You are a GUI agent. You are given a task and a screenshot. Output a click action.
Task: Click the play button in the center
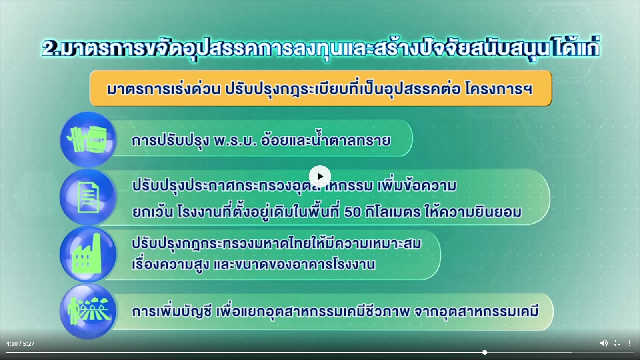pos(320,176)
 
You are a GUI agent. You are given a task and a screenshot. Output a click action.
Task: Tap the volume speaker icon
pos(604,343)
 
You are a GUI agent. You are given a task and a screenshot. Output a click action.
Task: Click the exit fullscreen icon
pos(616,343)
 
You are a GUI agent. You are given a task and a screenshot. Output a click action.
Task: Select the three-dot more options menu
pos(630,343)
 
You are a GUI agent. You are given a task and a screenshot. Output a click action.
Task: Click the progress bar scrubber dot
pos(484,352)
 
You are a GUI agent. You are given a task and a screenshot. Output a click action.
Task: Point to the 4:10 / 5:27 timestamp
pos(20,344)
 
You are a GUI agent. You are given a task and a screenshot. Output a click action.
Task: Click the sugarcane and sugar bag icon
pos(88,140)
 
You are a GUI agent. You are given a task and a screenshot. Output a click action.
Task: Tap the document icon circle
pos(88,197)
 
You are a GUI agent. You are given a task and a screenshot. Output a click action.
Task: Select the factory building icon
pos(88,254)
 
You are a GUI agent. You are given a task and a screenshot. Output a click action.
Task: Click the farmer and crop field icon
pos(88,311)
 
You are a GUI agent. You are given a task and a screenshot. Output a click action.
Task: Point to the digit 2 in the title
pos(50,48)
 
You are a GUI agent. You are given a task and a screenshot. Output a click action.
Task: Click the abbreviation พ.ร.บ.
pos(235,140)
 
